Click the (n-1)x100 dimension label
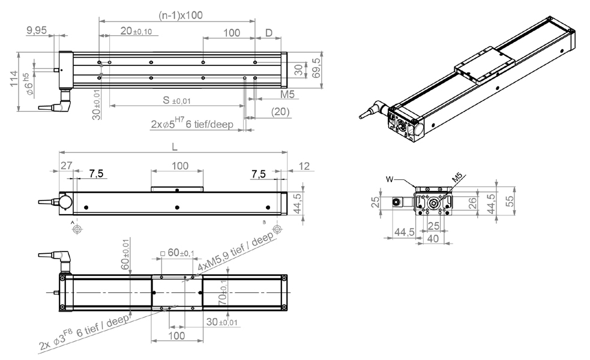pos(181,16)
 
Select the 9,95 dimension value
pos(37,30)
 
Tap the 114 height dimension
pos(14,79)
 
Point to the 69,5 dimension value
pos(317,68)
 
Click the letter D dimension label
pos(269,33)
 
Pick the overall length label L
pos(174,147)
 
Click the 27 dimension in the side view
pos(66,166)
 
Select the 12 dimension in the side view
pos(304,166)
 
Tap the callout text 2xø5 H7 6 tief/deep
pos(192,123)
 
